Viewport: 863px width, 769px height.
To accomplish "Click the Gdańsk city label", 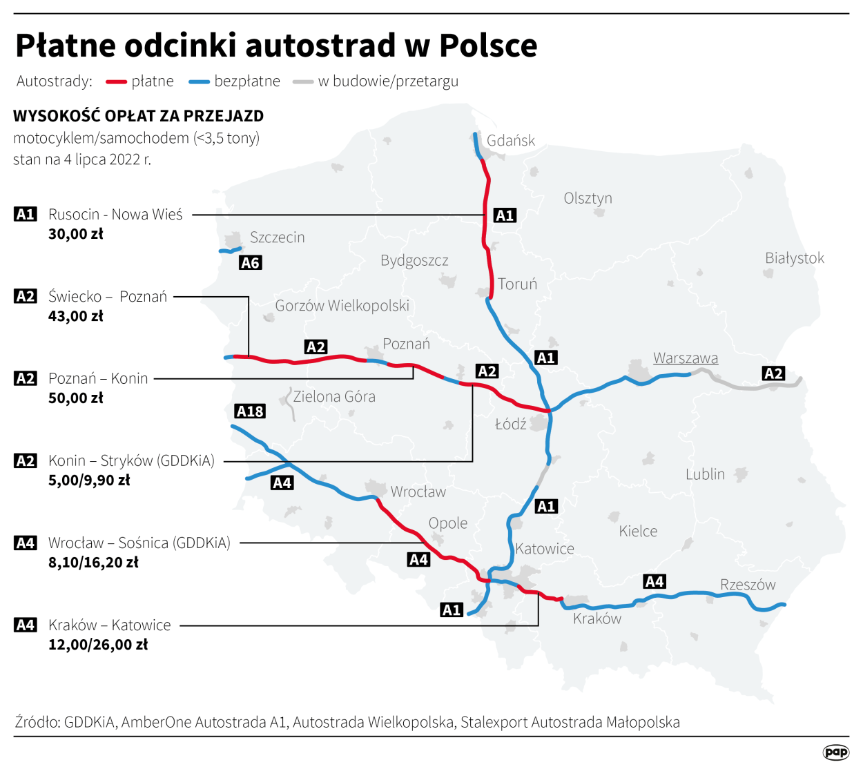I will [x=510, y=141].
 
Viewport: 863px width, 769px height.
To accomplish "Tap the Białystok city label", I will [x=794, y=258].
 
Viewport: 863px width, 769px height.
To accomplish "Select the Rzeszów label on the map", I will [x=748, y=585].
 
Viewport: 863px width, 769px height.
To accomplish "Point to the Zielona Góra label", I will [x=334, y=397].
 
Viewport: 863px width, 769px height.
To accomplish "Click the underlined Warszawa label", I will [x=686, y=358].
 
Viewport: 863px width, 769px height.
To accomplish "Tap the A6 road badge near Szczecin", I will [x=250, y=263].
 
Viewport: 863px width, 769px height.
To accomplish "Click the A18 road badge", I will [x=250, y=411].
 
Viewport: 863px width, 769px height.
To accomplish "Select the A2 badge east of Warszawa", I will [x=773, y=373].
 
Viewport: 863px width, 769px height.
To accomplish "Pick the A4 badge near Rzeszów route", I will [x=654, y=582].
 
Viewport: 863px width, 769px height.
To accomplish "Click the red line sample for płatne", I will [x=115, y=82].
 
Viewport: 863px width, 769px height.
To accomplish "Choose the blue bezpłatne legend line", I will [x=199, y=82].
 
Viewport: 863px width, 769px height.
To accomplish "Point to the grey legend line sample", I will [x=303, y=82].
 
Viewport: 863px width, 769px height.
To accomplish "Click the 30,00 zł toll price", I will [x=76, y=234].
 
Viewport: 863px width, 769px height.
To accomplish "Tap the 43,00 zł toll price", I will [x=76, y=316].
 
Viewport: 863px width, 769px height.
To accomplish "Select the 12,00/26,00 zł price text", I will [x=98, y=645].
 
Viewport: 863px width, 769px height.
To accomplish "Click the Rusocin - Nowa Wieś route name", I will [x=115, y=215].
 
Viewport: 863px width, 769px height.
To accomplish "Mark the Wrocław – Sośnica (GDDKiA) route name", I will [x=139, y=543].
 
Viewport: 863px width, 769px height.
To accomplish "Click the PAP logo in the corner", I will [x=835, y=752].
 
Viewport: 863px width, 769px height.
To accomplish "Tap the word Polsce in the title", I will [x=488, y=46].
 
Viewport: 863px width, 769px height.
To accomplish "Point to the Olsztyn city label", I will [x=588, y=199].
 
